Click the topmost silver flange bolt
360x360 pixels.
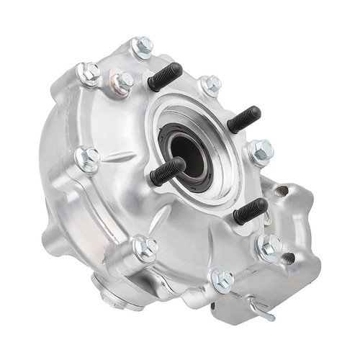(x=143, y=47)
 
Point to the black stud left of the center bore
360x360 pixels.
(x=167, y=171)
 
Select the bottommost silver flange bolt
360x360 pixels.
(x=222, y=279)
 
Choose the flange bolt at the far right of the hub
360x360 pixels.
(x=261, y=152)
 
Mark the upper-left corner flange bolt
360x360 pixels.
(x=89, y=73)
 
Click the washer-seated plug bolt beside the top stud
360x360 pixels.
(x=122, y=82)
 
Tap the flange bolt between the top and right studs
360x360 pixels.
(x=210, y=86)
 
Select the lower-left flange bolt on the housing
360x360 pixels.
(x=145, y=248)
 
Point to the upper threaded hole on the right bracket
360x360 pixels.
(x=282, y=192)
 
